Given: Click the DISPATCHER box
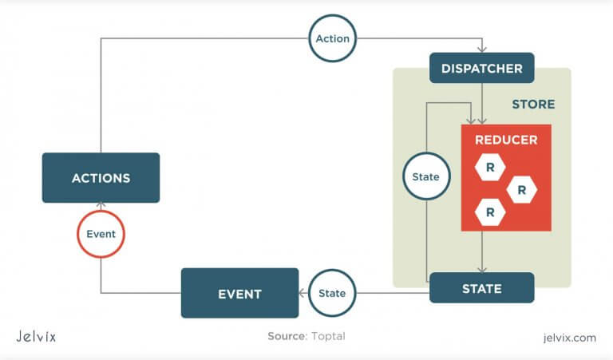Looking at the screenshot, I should (x=481, y=69).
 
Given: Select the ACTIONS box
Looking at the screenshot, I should (x=101, y=177).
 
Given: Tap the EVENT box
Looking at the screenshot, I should (x=239, y=294).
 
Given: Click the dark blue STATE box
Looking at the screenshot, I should (x=481, y=288).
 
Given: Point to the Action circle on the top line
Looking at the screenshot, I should (x=332, y=38).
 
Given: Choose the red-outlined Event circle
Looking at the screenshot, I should (x=101, y=235).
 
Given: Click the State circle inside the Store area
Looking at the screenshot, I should (x=426, y=176).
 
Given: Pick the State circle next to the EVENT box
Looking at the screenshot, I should (x=332, y=293).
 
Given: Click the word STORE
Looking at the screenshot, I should (x=533, y=105).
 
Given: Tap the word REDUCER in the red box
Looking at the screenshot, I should (x=506, y=140).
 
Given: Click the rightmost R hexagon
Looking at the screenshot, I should (x=521, y=190).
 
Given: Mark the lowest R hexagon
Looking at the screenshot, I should (x=489, y=212).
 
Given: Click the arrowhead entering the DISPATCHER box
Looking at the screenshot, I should (x=481, y=49).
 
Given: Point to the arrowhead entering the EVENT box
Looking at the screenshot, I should (x=303, y=293).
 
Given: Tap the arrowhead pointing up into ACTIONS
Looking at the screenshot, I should (x=101, y=206).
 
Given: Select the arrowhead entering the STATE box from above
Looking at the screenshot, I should (x=481, y=269).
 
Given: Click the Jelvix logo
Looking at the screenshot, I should (x=36, y=336).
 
